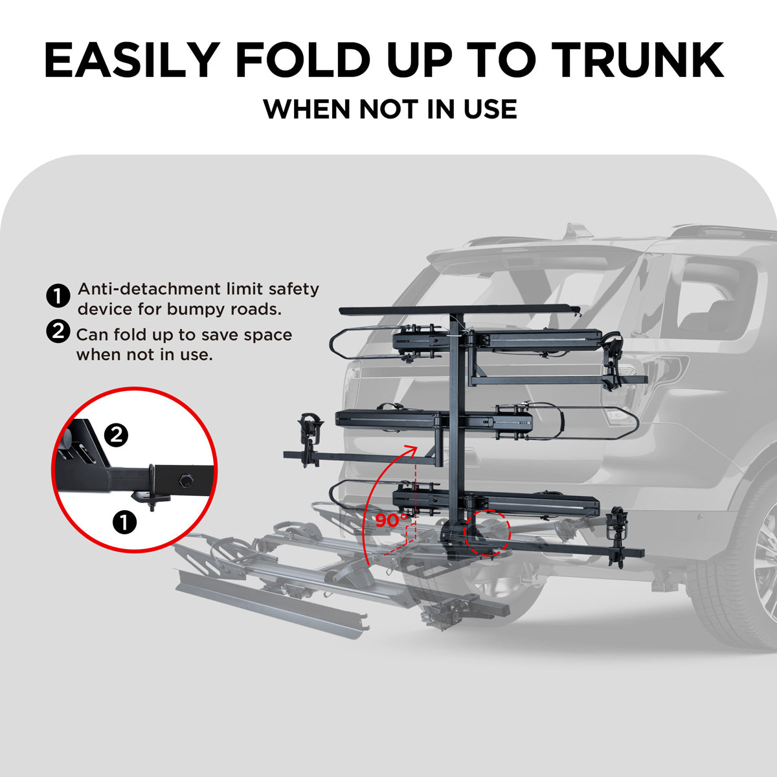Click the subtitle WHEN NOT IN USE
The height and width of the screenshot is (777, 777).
(389, 109)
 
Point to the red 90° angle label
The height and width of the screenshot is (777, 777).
(391, 519)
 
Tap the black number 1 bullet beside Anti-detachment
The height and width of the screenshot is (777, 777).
(58, 297)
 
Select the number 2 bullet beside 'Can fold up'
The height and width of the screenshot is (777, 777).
(58, 332)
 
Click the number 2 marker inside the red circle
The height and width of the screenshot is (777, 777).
(116, 435)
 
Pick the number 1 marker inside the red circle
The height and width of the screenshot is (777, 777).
(124, 521)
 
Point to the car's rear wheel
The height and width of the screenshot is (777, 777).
(745, 570)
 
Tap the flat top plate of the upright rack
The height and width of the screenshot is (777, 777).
(459, 310)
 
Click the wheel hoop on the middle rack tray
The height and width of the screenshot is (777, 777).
(602, 422)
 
